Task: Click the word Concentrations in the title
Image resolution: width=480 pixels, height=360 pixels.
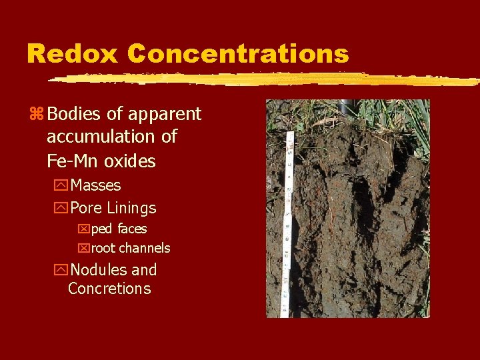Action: [239, 53]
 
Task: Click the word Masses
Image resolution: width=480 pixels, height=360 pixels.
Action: [95, 185]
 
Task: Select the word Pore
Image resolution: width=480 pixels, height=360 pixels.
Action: [87, 208]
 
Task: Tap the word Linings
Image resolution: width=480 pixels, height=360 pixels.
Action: [131, 208]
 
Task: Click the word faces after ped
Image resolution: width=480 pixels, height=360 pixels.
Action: [132, 229]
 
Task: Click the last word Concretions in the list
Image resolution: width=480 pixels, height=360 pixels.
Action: [109, 289]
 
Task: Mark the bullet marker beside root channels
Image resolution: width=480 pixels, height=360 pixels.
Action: [83, 249]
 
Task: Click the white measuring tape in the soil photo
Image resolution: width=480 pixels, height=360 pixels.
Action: [287, 227]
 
